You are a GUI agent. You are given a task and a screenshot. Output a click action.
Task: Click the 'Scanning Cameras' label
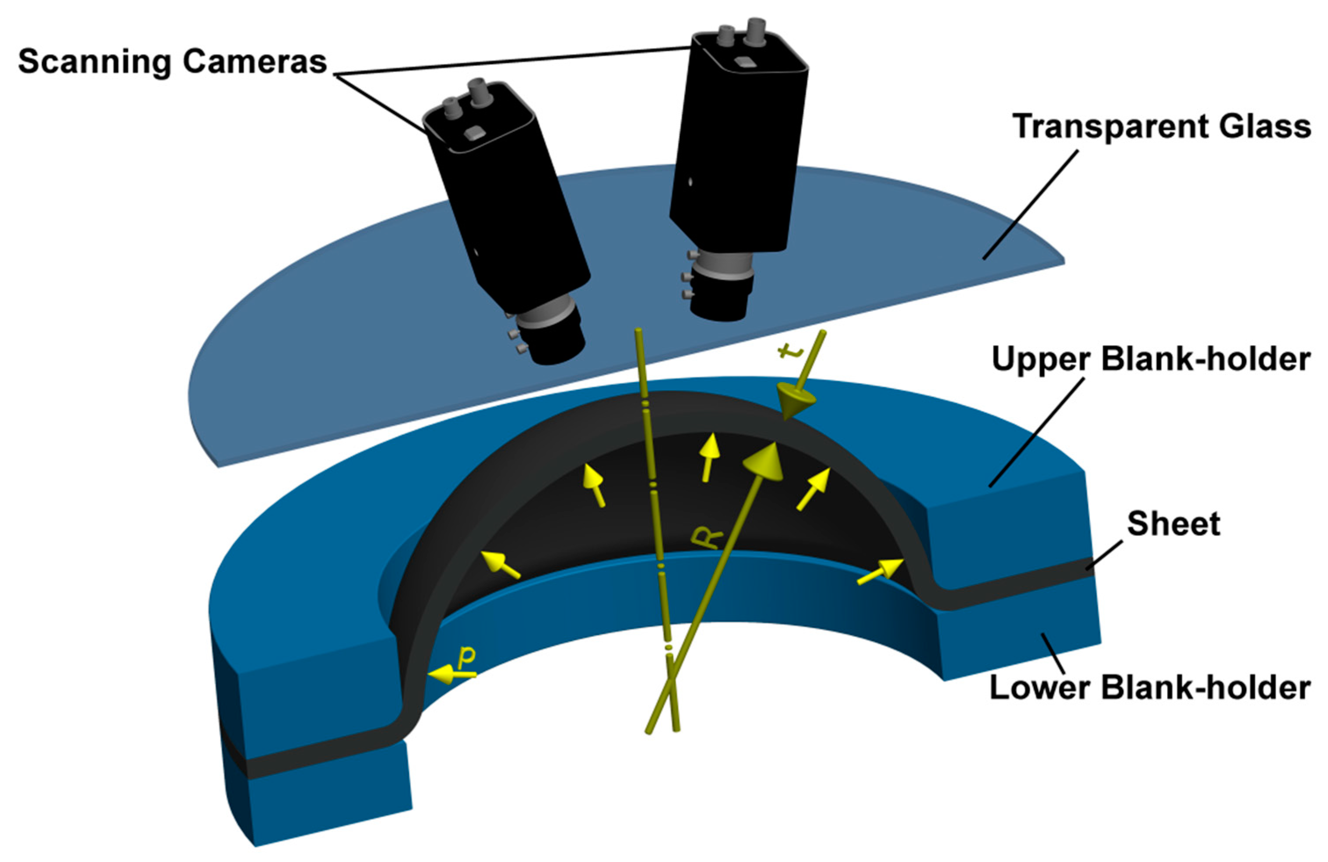172,61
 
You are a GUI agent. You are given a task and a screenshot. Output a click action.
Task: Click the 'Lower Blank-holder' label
1149,687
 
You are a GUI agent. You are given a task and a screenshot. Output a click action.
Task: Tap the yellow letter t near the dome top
791,351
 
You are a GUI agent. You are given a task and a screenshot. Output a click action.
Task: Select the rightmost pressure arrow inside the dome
881,572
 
